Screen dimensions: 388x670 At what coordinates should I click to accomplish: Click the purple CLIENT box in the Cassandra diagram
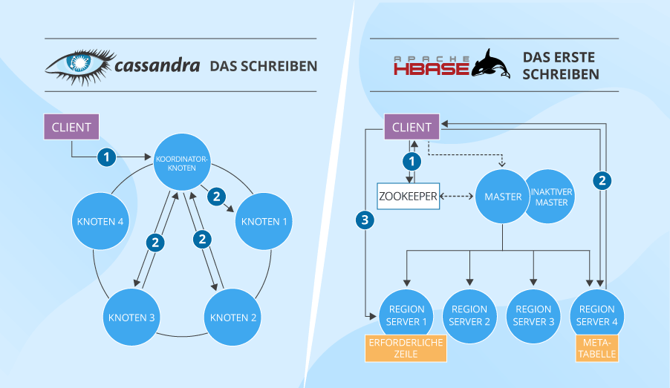pyautogui.click(x=71, y=127)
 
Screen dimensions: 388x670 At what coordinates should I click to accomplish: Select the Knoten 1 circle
pyautogui.click(x=264, y=221)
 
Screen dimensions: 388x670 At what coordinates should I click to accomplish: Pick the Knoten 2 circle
pyautogui.click(x=233, y=318)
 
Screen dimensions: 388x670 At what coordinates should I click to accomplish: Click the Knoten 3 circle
pyautogui.click(x=131, y=318)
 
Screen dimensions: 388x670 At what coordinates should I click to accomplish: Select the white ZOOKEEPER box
pyautogui.click(x=409, y=196)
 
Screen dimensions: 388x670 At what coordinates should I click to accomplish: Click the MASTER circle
pyautogui.click(x=503, y=197)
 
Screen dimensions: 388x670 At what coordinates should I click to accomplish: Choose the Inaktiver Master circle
pyautogui.click(x=551, y=197)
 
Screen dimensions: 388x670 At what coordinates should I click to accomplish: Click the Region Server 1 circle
pyautogui.click(x=406, y=315)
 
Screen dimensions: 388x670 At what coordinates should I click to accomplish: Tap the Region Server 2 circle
pyautogui.click(x=469, y=315)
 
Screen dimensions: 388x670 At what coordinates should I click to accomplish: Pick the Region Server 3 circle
pyautogui.click(x=533, y=315)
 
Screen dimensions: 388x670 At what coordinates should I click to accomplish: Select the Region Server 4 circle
pyautogui.click(x=597, y=315)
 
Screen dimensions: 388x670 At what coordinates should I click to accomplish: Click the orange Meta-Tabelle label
pyautogui.click(x=596, y=348)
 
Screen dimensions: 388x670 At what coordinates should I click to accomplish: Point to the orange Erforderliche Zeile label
pyautogui.click(x=405, y=348)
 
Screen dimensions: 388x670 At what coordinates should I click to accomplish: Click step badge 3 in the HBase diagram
pyautogui.click(x=363, y=219)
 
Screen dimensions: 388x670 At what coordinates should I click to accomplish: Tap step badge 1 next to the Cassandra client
pyautogui.click(x=108, y=157)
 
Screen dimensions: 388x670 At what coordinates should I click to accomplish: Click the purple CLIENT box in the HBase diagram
pyautogui.click(x=412, y=127)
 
